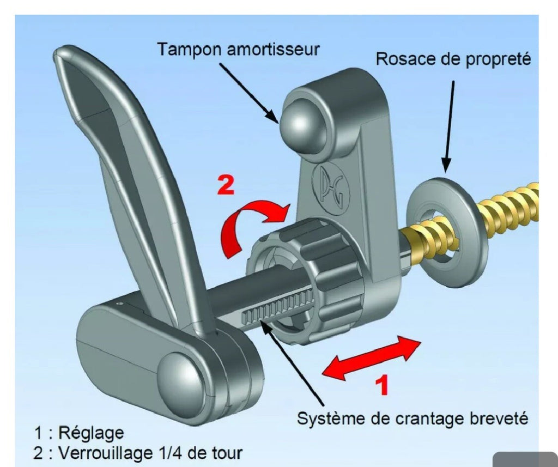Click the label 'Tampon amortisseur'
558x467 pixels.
tap(239, 50)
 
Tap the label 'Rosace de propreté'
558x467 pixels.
tap(453, 59)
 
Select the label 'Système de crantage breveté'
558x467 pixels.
tap(413, 419)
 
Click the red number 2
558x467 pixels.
tap(226, 186)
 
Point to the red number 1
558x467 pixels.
tap(382, 385)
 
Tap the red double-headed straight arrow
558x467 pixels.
tap(371, 357)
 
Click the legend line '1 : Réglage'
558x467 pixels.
tap(79, 433)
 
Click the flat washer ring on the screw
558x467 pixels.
tap(445, 232)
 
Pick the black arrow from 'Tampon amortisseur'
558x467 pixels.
tap(248, 93)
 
